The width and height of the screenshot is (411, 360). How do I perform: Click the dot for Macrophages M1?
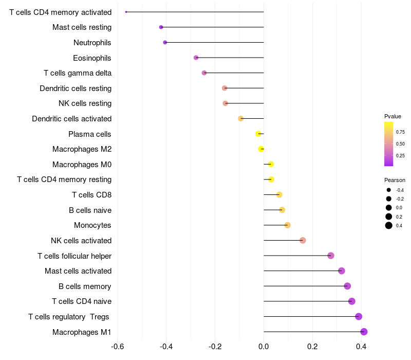tap(364, 332)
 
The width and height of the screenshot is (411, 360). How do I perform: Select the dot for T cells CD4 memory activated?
tap(126, 12)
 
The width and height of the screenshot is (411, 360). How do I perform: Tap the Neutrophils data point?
tap(165, 42)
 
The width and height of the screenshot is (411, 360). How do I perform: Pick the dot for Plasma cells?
tap(258, 134)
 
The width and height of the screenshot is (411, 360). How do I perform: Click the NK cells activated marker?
tap(303, 240)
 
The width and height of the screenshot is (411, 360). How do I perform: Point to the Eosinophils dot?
tap(196, 58)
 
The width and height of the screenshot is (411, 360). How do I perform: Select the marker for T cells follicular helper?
tap(331, 256)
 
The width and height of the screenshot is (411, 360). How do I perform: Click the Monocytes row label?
tap(92, 225)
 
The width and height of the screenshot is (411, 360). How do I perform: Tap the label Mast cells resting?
tap(82, 27)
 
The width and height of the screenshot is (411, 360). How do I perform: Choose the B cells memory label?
tap(85, 286)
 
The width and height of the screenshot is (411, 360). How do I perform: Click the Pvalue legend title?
tap(393, 116)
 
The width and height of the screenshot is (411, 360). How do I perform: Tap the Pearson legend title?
tap(395, 180)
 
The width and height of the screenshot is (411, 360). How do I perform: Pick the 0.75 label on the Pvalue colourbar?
tap(400, 132)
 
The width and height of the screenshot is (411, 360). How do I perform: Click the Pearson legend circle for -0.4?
tap(389, 190)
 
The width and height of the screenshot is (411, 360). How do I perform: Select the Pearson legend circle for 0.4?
tap(389, 225)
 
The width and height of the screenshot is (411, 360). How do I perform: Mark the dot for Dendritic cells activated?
tap(240, 119)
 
